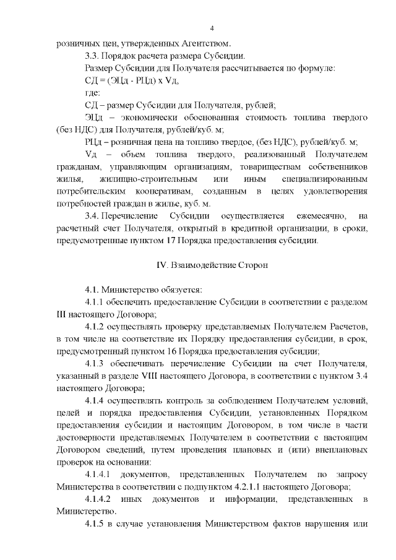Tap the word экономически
pos(150,117)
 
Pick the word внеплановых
pos(337,449)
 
